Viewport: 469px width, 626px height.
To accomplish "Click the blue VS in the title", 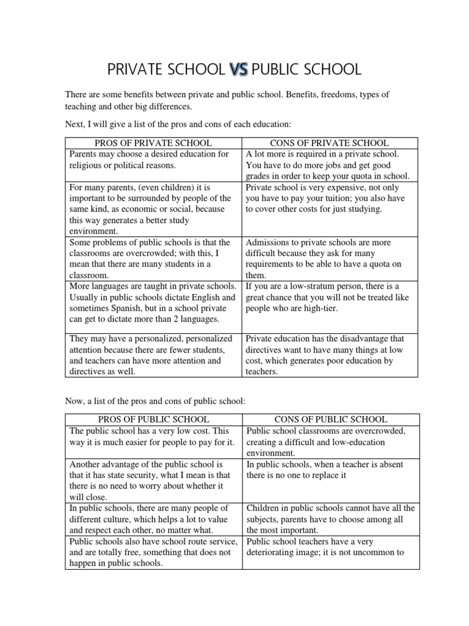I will click(x=238, y=70).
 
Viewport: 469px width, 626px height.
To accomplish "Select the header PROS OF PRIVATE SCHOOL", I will click(x=153, y=143).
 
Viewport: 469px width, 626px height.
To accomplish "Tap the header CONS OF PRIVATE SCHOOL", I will click(x=332, y=143).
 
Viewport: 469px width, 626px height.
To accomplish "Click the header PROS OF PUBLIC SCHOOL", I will click(x=153, y=419).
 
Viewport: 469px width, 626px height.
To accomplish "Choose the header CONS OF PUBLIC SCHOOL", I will click(x=332, y=419).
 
